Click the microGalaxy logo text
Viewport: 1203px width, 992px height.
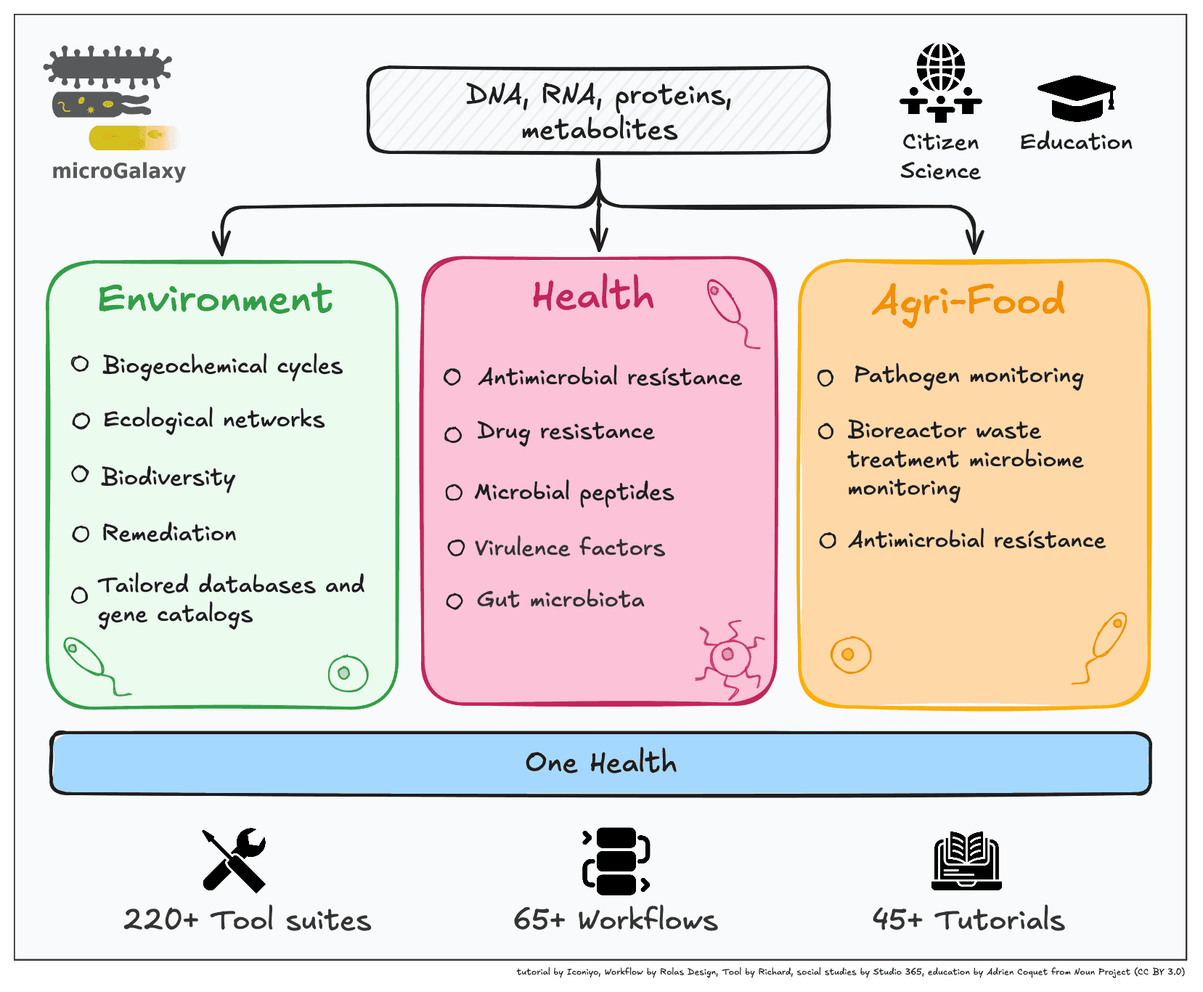tap(119, 171)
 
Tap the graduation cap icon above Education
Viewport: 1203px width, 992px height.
tap(1077, 98)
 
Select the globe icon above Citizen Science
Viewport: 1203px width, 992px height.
tap(940, 67)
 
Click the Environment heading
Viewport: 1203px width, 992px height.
tap(215, 299)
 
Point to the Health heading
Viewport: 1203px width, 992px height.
tap(593, 295)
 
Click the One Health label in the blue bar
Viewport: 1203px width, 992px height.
tap(600, 763)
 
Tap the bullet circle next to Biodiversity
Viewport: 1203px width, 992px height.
tap(80, 475)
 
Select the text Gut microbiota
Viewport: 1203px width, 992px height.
tap(560, 600)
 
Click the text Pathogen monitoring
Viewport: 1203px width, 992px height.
tap(968, 375)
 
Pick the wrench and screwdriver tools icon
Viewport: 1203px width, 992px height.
tap(234, 860)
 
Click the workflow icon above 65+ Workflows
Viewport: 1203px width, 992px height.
tap(615, 861)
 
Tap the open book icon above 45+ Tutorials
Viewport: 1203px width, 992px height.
tap(966, 861)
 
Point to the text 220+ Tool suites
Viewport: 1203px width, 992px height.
tap(247, 920)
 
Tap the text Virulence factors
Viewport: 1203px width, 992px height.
tap(569, 548)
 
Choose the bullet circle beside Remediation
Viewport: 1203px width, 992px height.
tap(81, 534)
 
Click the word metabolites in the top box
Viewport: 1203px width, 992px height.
tap(599, 131)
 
